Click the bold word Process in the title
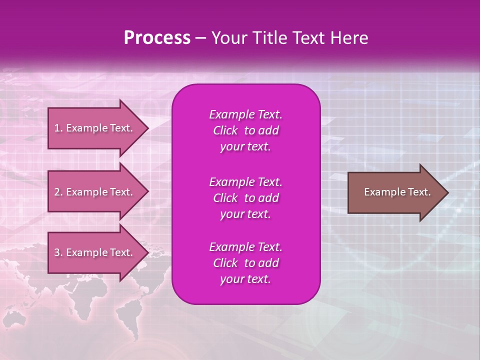[157, 38]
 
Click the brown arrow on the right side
[395, 192]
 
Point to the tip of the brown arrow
[446, 192]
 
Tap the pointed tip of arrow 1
[146, 128]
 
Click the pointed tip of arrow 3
[146, 252]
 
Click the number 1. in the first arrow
[58, 128]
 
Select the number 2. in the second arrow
[58, 192]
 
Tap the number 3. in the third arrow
[58, 252]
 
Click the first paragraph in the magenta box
[245, 130]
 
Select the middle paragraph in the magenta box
[245, 197]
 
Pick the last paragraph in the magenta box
[245, 263]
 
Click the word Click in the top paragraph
[225, 130]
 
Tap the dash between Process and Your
[201, 38]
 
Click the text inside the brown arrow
[397, 192]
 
